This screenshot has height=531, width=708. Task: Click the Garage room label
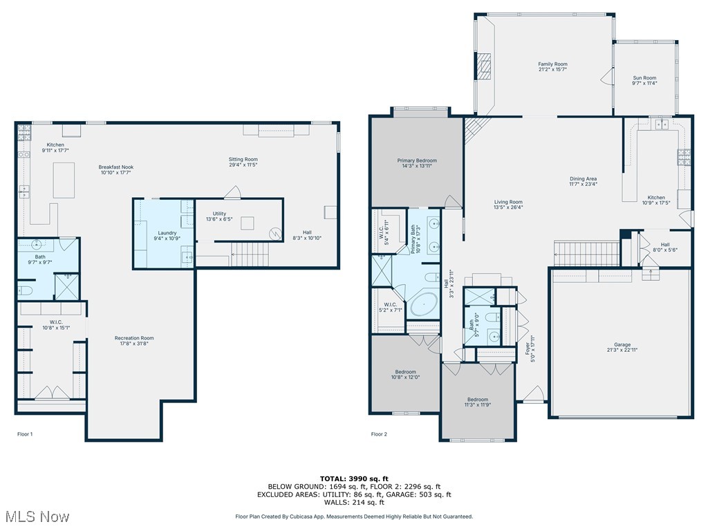pyautogui.click(x=622, y=344)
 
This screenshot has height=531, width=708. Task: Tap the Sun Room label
pyautogui.click(x=644, y=78)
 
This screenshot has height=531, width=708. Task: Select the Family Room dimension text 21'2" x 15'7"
pyautogui.click(x=552, y=70)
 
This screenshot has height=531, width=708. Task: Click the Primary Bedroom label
pyautogui.click(x=416, y=160)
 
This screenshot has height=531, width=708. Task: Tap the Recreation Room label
pyautogui.click(x=134, y=338)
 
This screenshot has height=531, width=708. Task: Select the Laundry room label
pyautogui.click(x=167, y=233)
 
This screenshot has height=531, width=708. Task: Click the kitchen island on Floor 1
pyautogui.click(x=64, y=180)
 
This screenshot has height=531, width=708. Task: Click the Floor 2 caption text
pyautogui.click(x=379, y=434)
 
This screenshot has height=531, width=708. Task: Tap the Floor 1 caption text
pyautogui.click(x=25, y=434)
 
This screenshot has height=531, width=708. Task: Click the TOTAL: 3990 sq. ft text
pyautogui.click(x=353, y=478)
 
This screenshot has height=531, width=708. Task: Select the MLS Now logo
pyautogui.click(x=36, y=516)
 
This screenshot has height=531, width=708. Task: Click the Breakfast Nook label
pyautogui.click(x=115, y=167)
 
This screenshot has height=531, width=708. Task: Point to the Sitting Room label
pyautogui.click(x=243, y=159)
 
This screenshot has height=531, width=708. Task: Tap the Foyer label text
pyautogui.click(x=528, y=351)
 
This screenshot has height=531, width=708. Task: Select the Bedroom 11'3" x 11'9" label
pyautogui.click(x=477, y=400)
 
